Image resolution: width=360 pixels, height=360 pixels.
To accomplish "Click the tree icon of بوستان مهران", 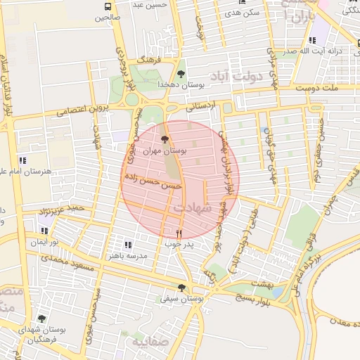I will [x=165, y=139].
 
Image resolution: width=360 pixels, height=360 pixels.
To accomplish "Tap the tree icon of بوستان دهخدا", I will [x=181, y=74].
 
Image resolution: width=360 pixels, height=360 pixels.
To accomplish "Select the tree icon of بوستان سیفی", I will [x=182, y=287].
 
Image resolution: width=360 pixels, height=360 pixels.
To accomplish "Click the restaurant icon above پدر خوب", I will [x=179, y=233].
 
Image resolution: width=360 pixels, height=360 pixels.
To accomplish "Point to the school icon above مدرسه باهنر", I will [x=127, y=245].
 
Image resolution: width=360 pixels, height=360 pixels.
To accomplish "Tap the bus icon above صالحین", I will [x=107, y=7].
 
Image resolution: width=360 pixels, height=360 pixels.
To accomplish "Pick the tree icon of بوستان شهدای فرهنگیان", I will [x=41, y=319].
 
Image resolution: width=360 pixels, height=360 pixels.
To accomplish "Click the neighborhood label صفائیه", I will [x=143, y=342].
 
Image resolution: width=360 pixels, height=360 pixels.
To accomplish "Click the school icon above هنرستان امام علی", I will [x=22, y=160].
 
